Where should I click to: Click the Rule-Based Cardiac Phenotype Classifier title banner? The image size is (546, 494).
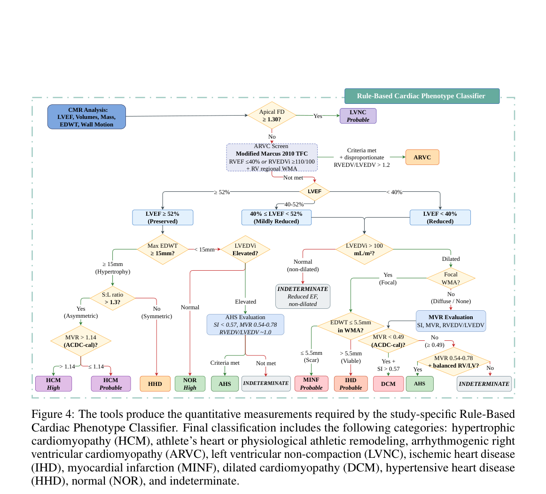422,96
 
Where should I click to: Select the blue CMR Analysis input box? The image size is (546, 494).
87,117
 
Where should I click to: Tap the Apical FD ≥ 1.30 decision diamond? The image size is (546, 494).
272,115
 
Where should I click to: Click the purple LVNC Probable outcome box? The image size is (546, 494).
358,116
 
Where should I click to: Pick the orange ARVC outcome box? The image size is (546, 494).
422,157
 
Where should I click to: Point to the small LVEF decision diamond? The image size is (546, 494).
315,192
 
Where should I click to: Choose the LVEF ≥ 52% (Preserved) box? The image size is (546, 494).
163,217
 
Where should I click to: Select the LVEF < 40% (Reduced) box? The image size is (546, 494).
440,217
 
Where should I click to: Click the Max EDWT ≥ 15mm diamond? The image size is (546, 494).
163,250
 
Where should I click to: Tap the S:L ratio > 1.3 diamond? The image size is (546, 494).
112,298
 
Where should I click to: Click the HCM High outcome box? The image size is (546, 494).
54,384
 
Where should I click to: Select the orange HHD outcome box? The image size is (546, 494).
155,384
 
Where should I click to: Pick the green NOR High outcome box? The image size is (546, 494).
190,384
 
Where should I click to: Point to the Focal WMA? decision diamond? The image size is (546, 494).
451,278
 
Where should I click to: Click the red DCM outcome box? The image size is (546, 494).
388,384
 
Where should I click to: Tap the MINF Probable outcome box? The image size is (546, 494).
312,384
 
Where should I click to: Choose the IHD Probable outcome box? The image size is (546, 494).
351,384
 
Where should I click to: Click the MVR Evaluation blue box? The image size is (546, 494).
451,321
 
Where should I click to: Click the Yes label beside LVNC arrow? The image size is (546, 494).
318,116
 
